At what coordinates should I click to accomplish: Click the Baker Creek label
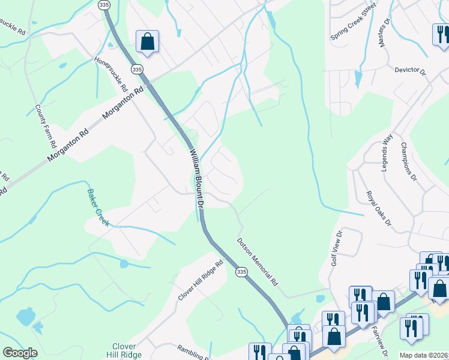point(98,207)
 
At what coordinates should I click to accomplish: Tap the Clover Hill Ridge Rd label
point(200,281)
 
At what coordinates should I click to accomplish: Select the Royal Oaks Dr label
point(379,209)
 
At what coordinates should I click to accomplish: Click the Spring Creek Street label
point(353,22)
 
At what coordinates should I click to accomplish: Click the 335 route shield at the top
point(104,5)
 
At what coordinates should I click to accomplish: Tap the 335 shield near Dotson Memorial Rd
point(241,272)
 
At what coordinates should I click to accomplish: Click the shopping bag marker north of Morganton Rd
point(147,41)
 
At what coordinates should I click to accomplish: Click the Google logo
point(20,353)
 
